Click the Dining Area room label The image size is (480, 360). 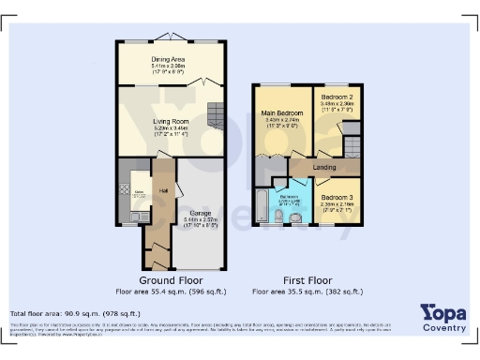170,60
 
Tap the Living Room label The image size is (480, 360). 171,121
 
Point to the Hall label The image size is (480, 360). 163,191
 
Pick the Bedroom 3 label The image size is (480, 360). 336,198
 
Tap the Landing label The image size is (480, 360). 324,168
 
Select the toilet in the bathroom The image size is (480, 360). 297,218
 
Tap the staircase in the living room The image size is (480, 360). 214,117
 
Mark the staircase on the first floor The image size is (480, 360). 352,148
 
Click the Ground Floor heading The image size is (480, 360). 170,280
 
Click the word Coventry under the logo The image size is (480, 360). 443,327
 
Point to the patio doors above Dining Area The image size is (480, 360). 170,37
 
